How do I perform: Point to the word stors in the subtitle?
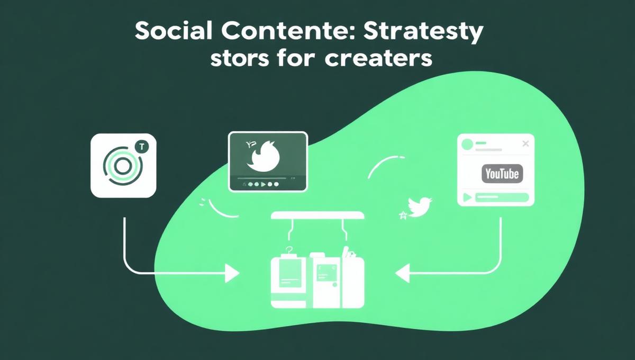coord(238,59)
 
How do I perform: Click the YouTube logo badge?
coord(502,173)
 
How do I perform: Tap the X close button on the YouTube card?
coord(525,143)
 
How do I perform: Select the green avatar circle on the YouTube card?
coord(467,143)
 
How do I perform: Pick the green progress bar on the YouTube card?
coord(502,197)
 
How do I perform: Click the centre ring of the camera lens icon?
coord(122,166)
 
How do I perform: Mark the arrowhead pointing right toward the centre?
coord(231,274)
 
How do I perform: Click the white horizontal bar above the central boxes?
coord(317,216)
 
